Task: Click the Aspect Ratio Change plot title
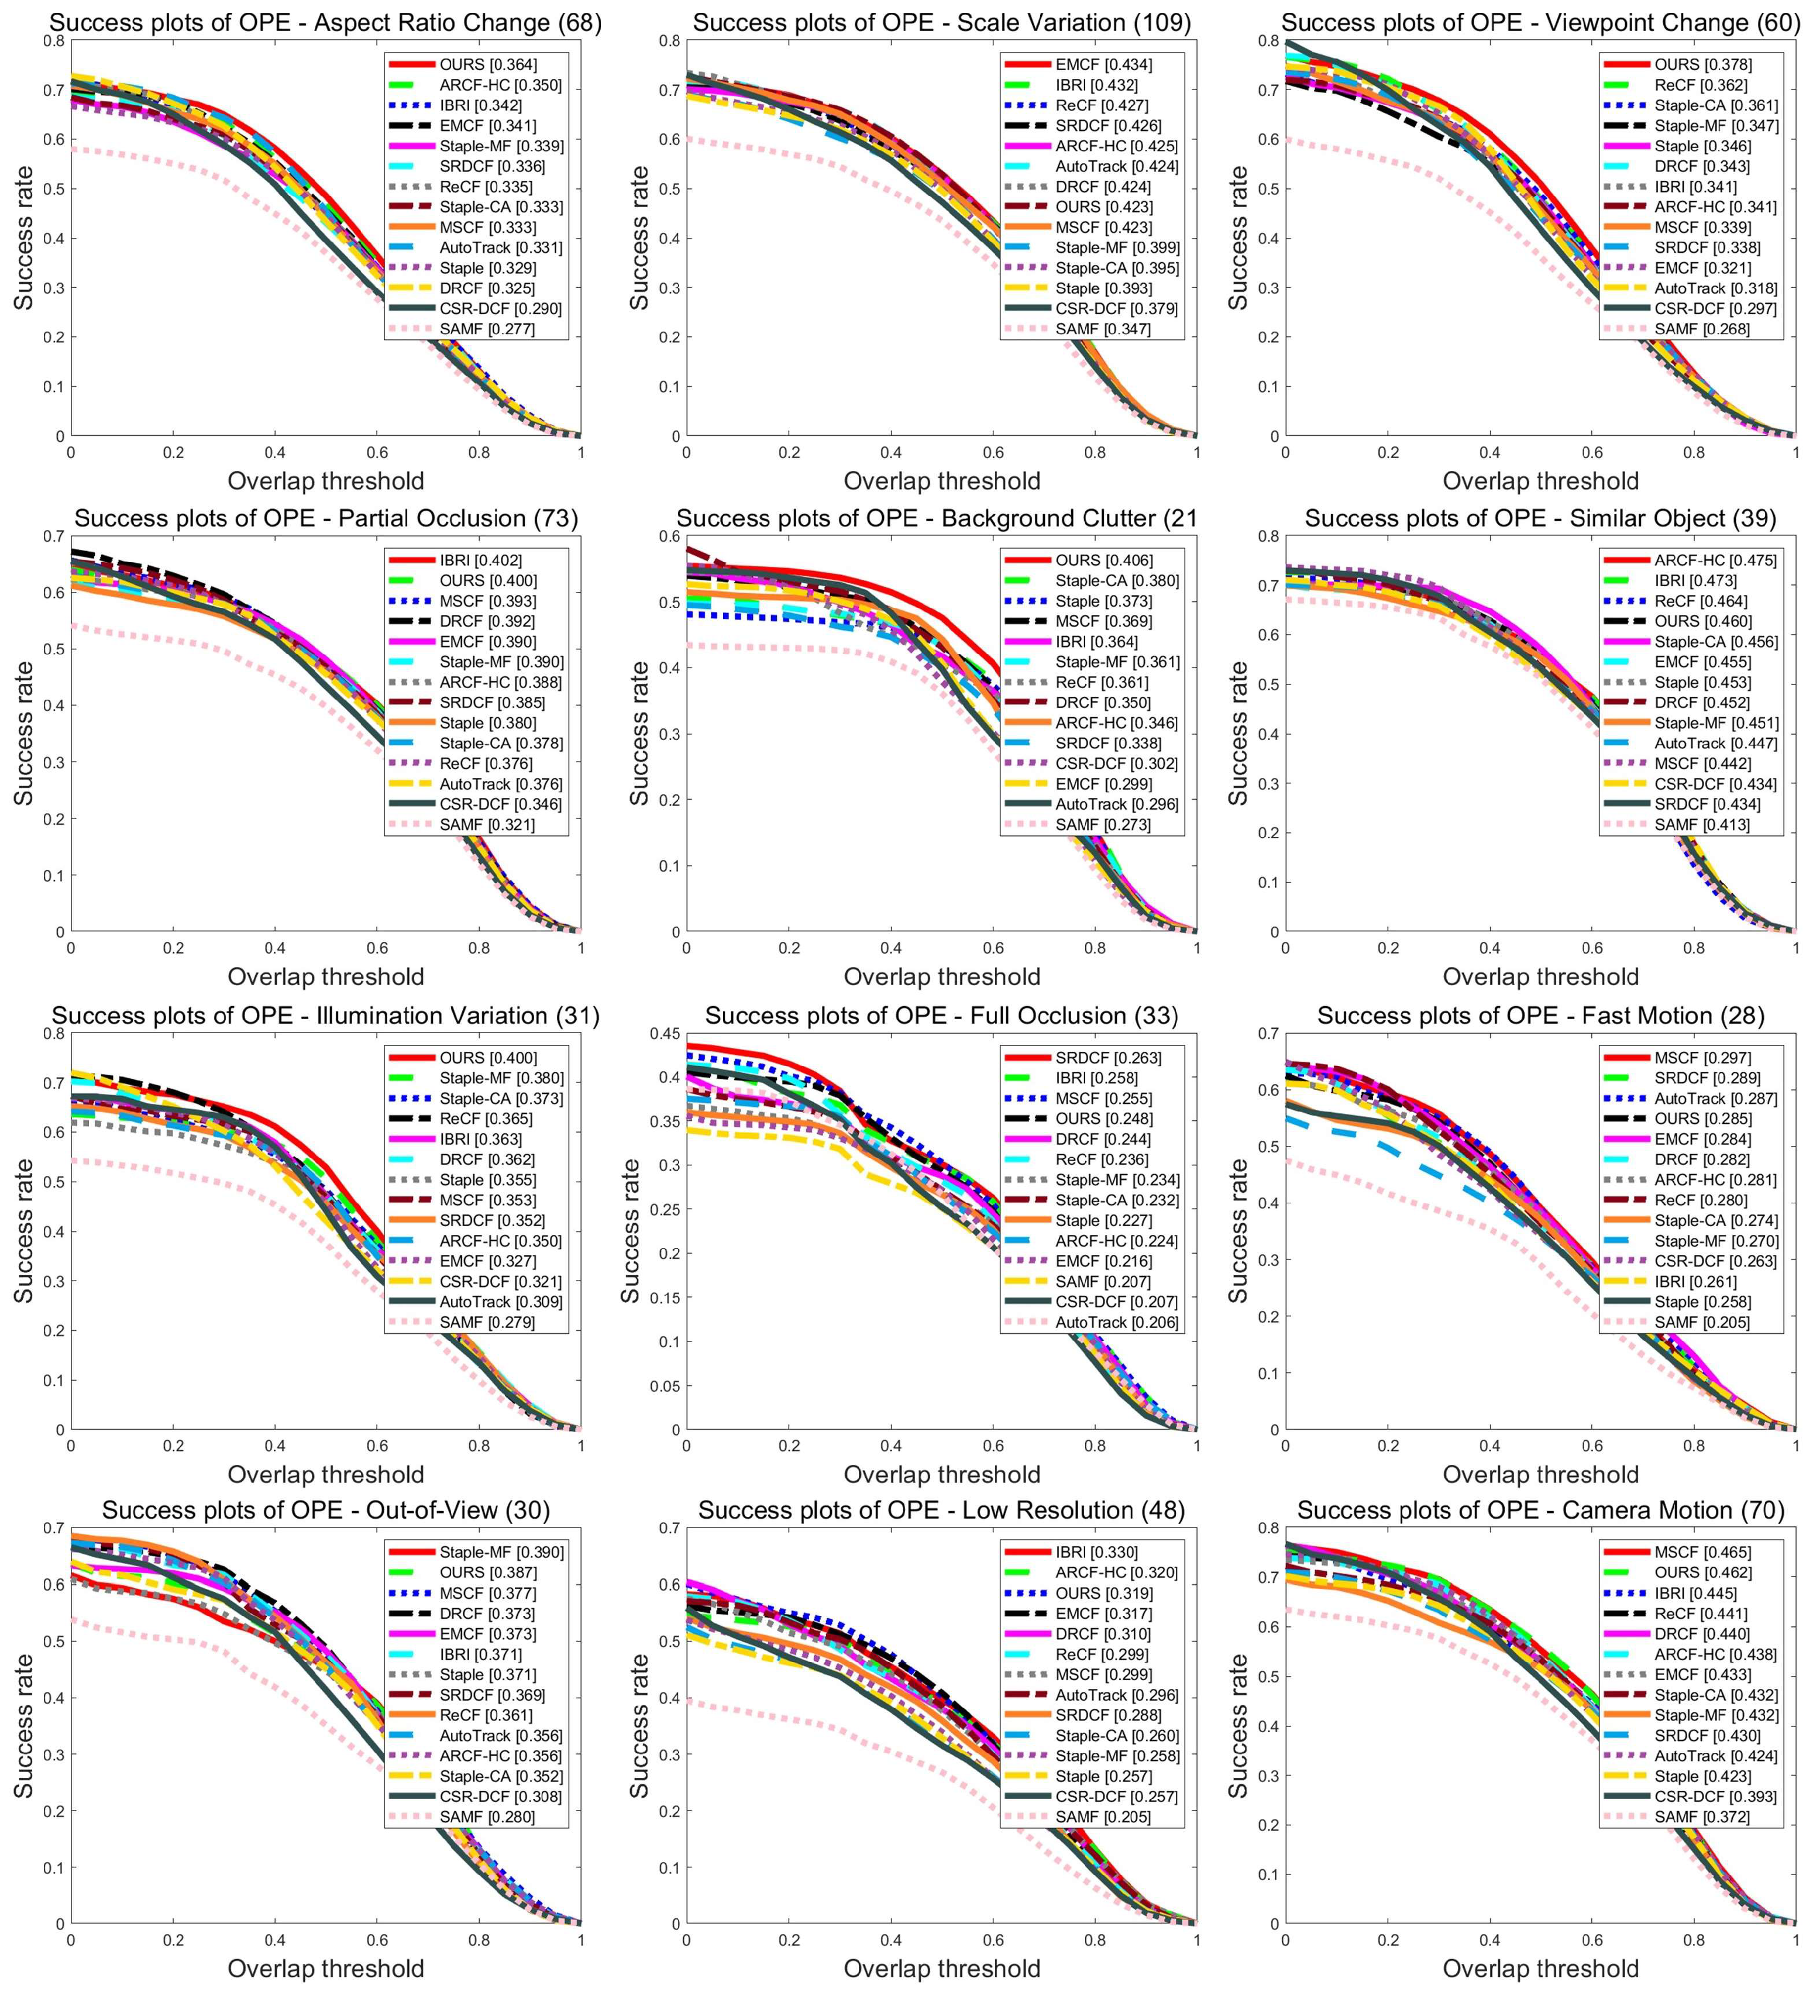coord(325,22)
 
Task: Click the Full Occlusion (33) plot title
coord(941,1016)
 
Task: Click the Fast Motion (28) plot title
coord(1540,1016)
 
